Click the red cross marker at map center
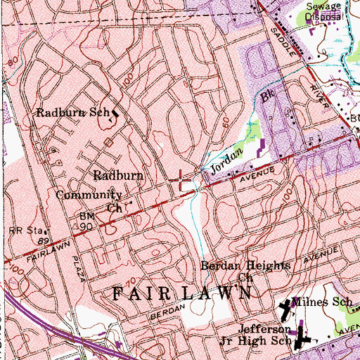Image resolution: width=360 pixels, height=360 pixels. point(181,180)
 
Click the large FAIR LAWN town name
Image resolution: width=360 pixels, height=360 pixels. point(181,294)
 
